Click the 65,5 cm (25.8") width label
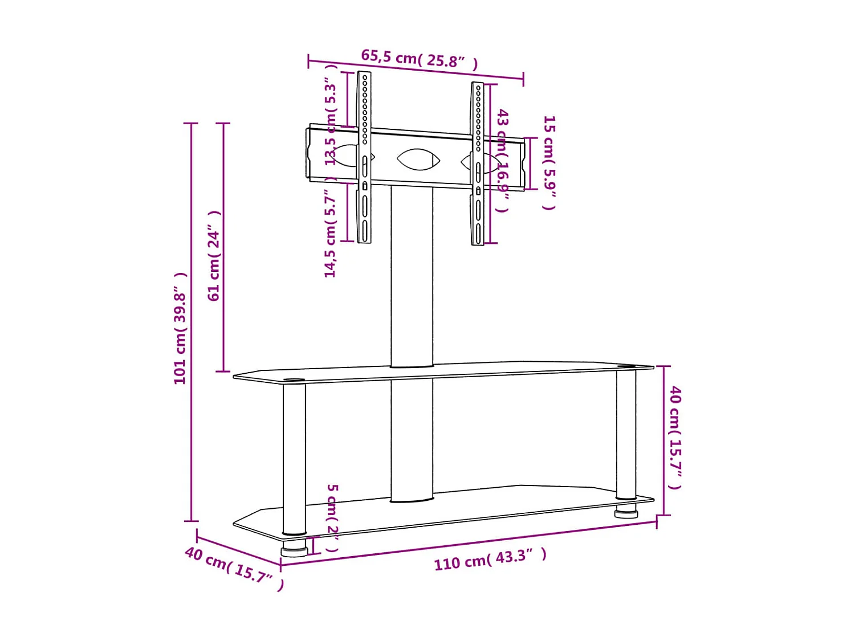[x=419, y=59]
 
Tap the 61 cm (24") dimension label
[x=214, y=256]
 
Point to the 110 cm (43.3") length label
[x=490, y=559]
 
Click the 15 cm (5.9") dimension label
[x=549, y=162]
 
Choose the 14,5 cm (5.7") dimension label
[x=331, y=234]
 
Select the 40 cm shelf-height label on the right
[x=675, y=437]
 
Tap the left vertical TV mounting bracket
[x=364, y=157]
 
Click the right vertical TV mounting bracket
[x=478, y=164]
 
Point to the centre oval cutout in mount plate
[x=418, y=160]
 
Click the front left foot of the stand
[x=294, y=551]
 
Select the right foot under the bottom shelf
[x=626, y=512]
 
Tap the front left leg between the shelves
[x=294, y=459]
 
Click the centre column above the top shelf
[x=412, y=276]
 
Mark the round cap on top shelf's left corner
[x=294, y=379]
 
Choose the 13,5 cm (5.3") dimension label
[x=331, y=123]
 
